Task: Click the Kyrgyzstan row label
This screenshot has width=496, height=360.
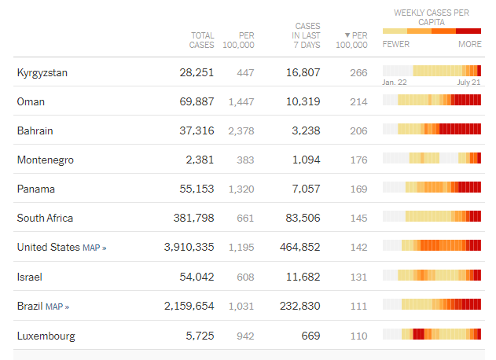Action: pyautogui.click(x=42, y=73)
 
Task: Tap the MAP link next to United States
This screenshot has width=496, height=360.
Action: pyautogui.click(x=94, y=248)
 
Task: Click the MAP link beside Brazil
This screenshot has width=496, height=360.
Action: pyautogui.click(x=57, y=307)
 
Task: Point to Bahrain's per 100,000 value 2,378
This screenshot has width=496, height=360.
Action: pyautogui.click(x=241, y=131)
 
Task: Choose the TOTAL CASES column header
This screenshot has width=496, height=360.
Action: pyautogui.click(x=202, y=40)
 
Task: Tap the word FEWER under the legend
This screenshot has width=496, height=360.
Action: pyautogui.click(x=395, y=45)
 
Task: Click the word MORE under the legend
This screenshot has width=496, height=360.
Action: pyautogui.click(x=470, y=45)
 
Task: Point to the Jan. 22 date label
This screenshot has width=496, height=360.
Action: pyautogui.click(x=395, y=83)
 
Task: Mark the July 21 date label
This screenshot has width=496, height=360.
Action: pyautogui.click(x=468, y=83)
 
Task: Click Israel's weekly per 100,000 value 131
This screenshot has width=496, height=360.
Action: pyautogui.click(x=358, y=277)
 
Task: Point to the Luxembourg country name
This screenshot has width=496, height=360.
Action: pyautogui.click(x=46, y=336)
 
